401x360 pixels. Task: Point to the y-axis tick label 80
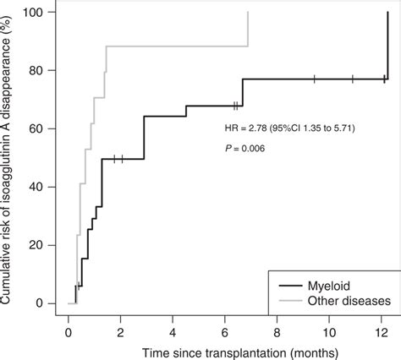point(40,70)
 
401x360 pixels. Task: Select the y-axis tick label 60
point(40,128)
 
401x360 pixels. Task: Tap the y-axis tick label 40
point(40,187)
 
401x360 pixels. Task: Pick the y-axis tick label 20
point(40,245)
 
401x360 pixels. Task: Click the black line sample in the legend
point(289,285)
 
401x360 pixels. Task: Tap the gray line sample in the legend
point(289,300)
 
